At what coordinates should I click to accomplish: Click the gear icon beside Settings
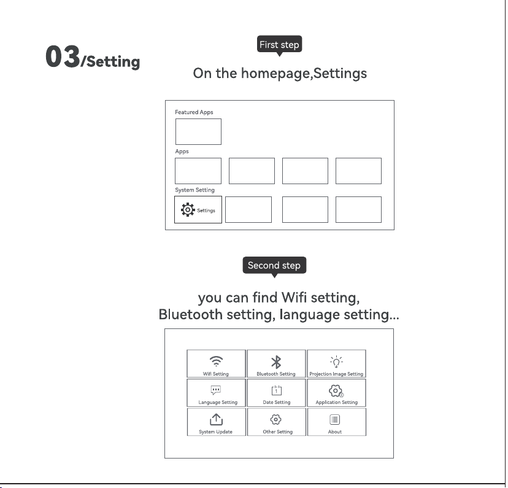[x=188, y=210]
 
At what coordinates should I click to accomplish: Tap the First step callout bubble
[x=279, y=45]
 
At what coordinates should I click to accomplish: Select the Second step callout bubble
[x=274, y=266]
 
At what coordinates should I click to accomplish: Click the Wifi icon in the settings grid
[x=216, y=361]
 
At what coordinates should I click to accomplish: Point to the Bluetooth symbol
[x=276, y=362]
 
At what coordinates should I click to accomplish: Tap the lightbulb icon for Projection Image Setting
[x=336, y=362]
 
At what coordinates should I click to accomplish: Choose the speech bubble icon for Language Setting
[x=216, y=390]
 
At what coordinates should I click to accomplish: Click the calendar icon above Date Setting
[x=276, y=390]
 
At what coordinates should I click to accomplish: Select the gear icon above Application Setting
[x=336, y=391]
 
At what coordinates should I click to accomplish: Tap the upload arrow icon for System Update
[x=216, y=419]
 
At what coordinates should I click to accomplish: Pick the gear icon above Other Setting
[x=275, y=419]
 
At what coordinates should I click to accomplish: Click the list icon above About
[x=334, y=420]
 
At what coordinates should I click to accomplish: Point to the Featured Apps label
[x=194, y=112]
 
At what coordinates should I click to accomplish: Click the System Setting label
[x=194, y=190]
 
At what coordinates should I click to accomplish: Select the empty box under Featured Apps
[x=198, y=131]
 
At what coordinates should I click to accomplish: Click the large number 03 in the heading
[x=63, y=56]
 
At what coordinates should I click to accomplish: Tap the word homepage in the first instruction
[x=276, y=74]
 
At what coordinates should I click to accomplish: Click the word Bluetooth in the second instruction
[x=190, y=314]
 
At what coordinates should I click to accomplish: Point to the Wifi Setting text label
[x=216, y=374]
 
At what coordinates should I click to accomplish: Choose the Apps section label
[x=182, y=152]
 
